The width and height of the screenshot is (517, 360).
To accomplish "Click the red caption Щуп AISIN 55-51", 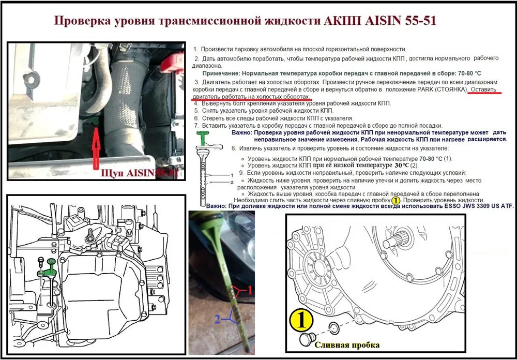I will pos(140,173).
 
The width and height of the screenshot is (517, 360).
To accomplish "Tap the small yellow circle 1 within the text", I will pos(396,200).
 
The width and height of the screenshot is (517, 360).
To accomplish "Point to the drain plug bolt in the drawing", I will pos(309,339).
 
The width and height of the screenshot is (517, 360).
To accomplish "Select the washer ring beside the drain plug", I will pos(334,327).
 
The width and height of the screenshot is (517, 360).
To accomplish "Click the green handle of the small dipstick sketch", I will pos(204,138).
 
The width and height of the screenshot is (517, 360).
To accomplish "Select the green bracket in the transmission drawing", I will pos(45,268).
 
